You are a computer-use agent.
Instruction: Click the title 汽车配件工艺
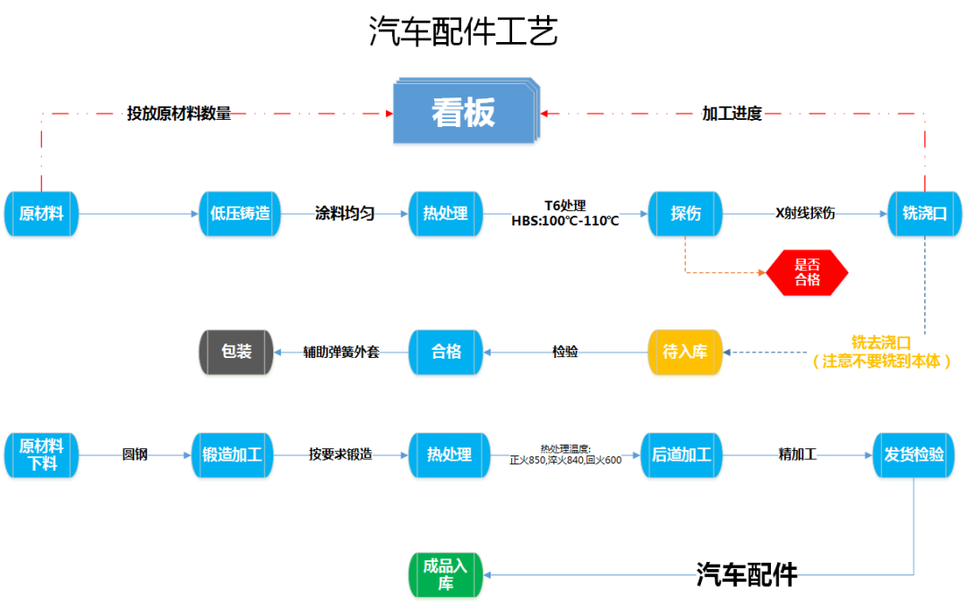click(x=463, y=33)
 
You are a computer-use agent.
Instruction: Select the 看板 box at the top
click(x=464, y=114)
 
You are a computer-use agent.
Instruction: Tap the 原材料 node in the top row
click(x=41, y=214)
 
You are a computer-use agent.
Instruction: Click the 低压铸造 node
click(x=240, y=214)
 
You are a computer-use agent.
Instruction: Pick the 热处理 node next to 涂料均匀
click(x=446, y=214)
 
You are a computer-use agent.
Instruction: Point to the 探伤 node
click(x=685, y=214)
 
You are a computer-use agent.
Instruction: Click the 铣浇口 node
click(x=924, y=214)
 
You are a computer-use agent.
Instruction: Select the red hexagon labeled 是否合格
click(x=807, y=272)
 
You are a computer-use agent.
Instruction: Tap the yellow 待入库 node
click(x=685, y=352)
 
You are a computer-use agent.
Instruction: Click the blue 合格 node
click(x=446, y=352)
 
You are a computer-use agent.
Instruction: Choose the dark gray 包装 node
click(x=236, y=352)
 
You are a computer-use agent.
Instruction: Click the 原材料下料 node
click(x=41, y=455)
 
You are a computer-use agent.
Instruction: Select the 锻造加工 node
click(x=232, y=455)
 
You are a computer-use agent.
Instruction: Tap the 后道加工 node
click(x=680, y=455)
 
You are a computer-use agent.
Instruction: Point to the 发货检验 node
click(x=914, y=455)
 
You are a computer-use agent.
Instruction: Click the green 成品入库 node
click(x=445, y=574)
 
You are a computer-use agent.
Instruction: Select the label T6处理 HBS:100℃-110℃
click(x=565, y=214)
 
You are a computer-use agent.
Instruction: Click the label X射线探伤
click(x=805, y=214)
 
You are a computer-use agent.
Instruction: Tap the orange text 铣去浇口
click(x=881, y=344)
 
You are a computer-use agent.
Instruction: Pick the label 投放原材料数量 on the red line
click(x=179, y=114)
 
